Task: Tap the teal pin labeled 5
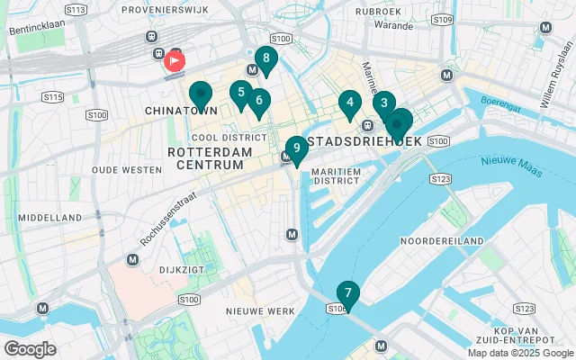(x=240, y=93)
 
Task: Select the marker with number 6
(x=258, y=102)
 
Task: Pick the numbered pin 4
(x=349, y=103)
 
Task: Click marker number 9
(x=296, y=148)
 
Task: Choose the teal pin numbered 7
(x=347, y=293)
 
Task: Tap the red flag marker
(x=173, y=61)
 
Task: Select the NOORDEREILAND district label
(x=441, y=241)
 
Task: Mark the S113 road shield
(x=76, y=10)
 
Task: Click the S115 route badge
(x=53, y=96)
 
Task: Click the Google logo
(x=30, y=349)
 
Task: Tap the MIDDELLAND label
(x=49, y=217)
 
